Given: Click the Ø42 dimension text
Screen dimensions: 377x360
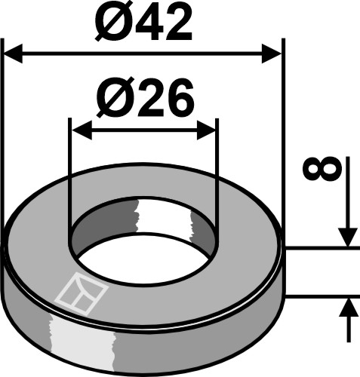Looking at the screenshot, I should point(144,25).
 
